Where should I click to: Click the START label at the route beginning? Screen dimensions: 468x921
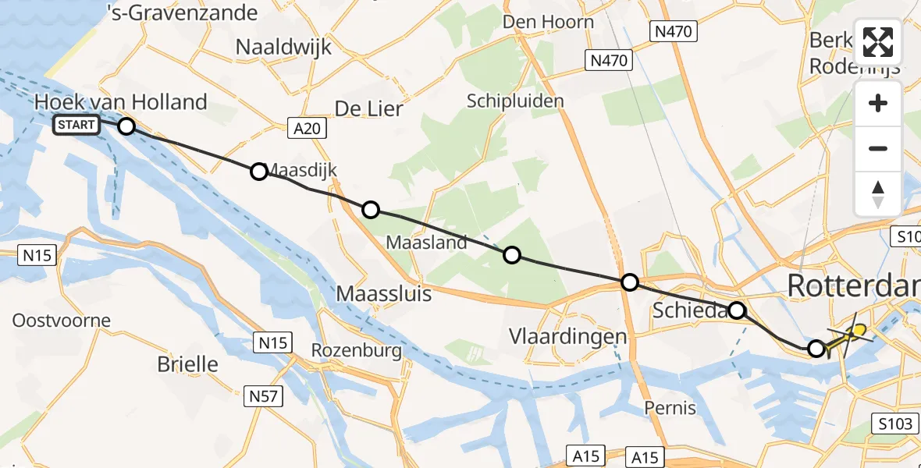[x=76, y=125]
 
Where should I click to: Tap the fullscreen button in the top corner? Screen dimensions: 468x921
[x=878, y=42]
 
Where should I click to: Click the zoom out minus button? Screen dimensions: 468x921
[x=878, y=148]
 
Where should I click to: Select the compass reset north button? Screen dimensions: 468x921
[x=878, y=193]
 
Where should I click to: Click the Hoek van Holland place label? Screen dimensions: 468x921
[x=121, y=102]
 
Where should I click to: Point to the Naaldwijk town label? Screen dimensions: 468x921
[x=283, y=47]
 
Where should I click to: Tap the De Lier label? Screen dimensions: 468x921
[x=368, y=108]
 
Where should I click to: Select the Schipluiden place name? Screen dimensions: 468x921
[x=514, y=101]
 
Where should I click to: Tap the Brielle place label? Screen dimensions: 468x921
[x=187, y=363]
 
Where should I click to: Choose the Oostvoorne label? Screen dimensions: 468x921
[x=62, y=321]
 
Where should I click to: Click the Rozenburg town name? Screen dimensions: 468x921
[x=356, y=351]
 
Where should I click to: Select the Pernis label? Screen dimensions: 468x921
[x=670, y=407]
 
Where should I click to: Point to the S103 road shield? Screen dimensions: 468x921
[x=893, y=424]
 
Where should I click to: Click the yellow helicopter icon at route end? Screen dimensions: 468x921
[x=852, y=334]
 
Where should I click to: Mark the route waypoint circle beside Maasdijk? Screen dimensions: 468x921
[x=259, y=172]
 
